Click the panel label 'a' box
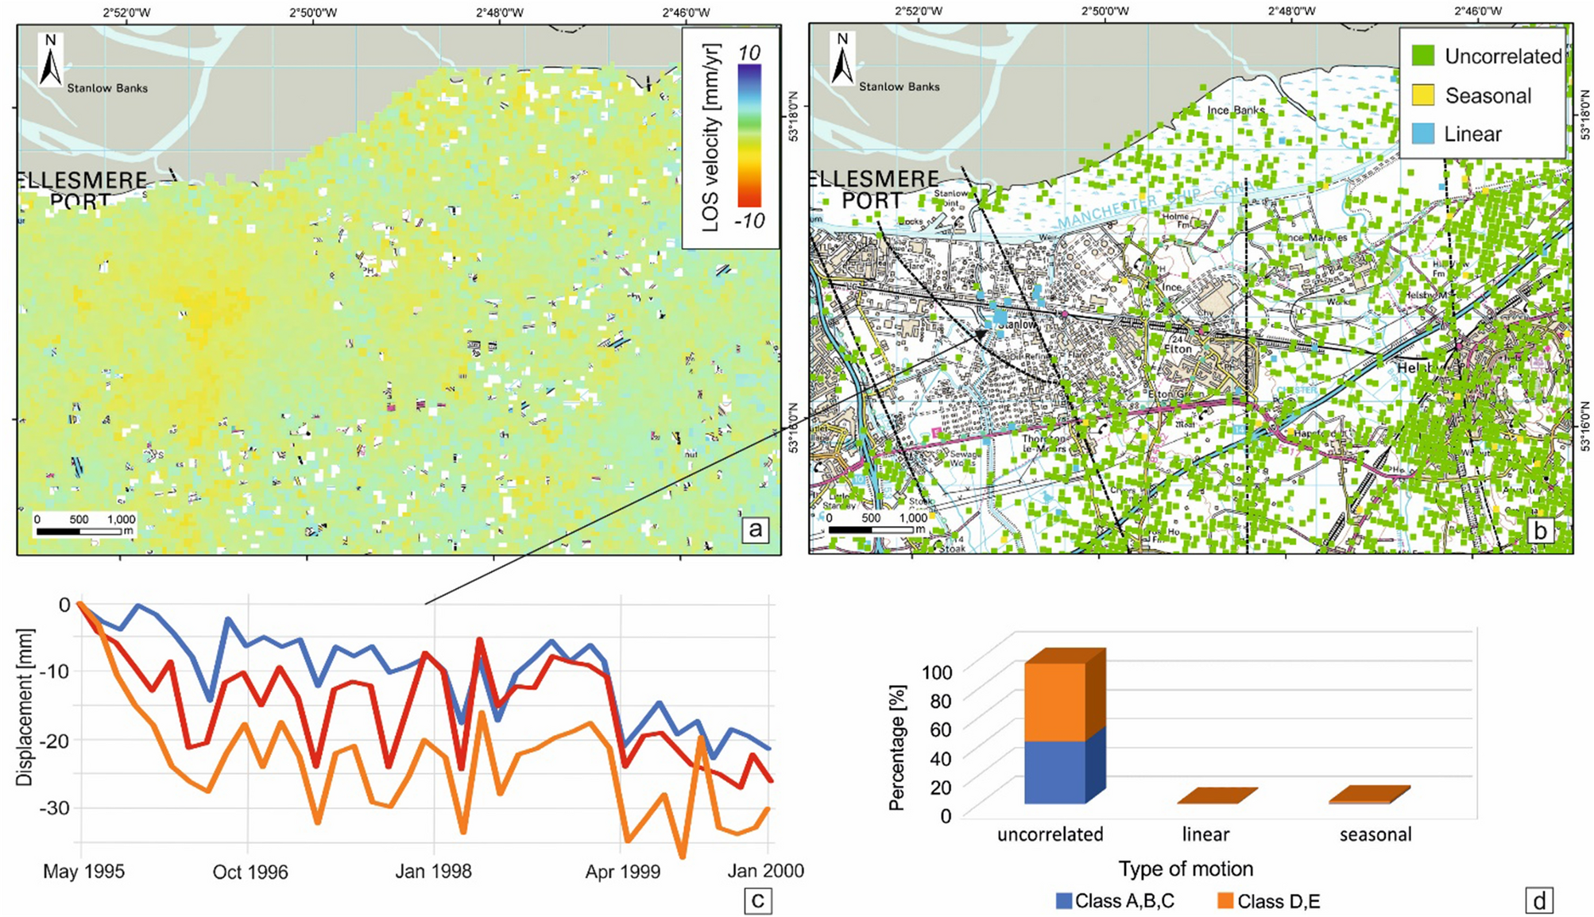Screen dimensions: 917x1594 755,529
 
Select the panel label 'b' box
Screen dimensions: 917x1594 1541,530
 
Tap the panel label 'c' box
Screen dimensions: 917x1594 757,900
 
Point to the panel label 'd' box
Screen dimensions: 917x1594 1540,901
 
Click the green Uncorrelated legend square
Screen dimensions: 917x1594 1423,56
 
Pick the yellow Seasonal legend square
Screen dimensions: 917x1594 1423,95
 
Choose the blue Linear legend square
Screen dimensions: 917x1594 1423,133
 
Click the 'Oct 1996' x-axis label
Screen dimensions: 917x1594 250,872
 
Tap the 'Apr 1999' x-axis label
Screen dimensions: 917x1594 622,872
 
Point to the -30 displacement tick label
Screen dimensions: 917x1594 54,808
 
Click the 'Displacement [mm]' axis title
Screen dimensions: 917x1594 25,707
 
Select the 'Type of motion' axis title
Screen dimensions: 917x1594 1186,869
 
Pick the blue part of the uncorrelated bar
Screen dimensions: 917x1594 1054,772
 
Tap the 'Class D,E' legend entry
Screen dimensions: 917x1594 1268,901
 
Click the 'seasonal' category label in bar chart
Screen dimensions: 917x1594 1375,834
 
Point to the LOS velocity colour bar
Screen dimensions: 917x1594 749,135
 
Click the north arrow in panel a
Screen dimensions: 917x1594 51,60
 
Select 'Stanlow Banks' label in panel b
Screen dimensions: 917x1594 899,87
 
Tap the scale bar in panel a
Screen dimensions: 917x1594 84,530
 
